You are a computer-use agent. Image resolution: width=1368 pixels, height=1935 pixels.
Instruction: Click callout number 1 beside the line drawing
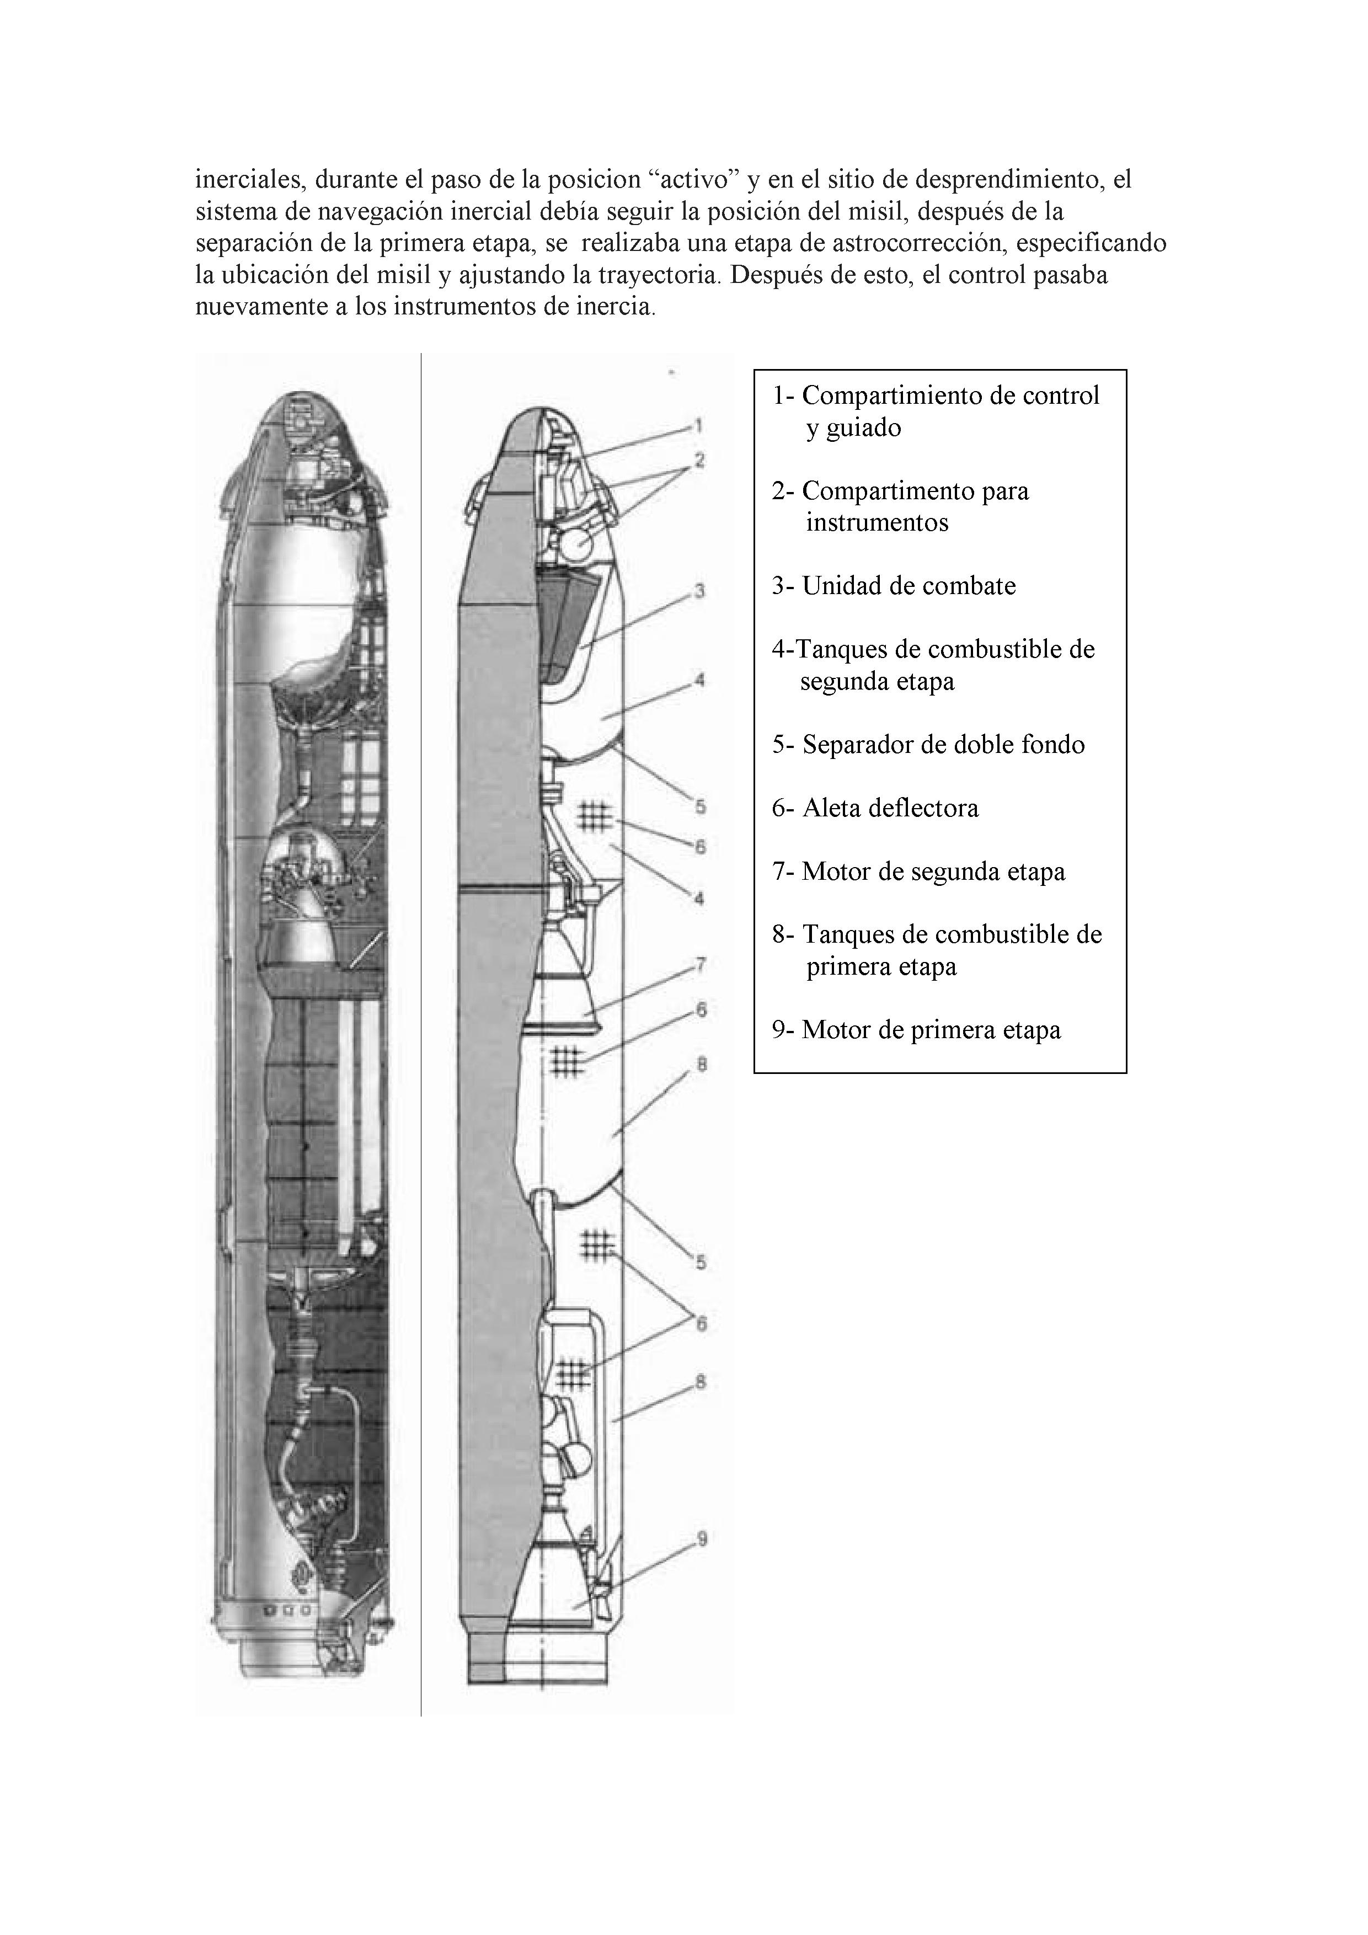point(699,426)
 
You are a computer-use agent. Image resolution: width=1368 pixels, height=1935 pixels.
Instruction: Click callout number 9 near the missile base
point(701,1540)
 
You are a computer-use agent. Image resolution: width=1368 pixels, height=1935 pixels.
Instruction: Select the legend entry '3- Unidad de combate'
point(894,586)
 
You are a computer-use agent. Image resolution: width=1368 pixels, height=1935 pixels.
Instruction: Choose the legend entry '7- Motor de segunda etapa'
point(918,872)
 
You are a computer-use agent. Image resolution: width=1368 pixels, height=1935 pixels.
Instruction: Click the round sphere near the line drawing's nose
point(578,546)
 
